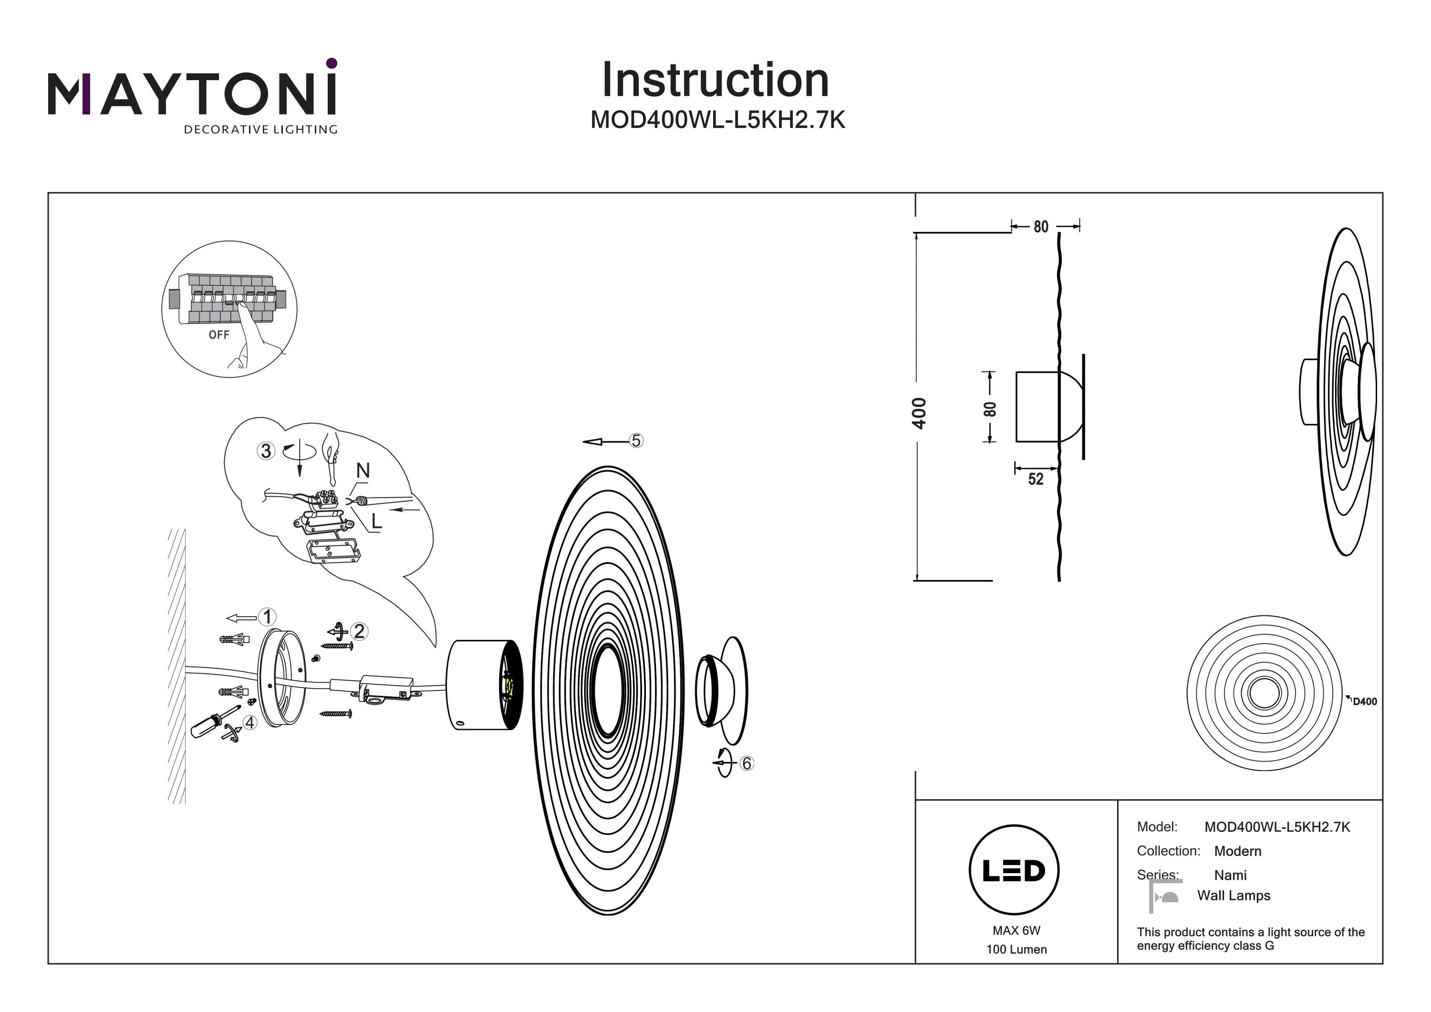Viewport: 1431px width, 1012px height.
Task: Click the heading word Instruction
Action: click(x=715, y=81)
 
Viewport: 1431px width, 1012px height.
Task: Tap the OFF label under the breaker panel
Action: click(x=219, y=335)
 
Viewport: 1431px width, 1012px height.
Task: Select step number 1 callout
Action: click(x=268, y=617)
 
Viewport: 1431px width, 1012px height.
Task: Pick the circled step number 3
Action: click(x=266, y=451)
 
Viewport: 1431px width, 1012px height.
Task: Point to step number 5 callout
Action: click(x=636, y=441)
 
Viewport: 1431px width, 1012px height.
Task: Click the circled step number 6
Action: click(x=747, y=763)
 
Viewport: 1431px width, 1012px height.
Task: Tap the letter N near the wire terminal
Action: click(x=363, y=471)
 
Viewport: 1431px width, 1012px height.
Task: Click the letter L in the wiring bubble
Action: click(x=376, y=522)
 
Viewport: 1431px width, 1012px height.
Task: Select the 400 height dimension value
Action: click(x=919, y=413)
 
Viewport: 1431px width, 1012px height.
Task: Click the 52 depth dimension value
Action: click(x=1035, y=479)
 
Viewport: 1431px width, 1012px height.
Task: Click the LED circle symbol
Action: click(x=1014, y=870)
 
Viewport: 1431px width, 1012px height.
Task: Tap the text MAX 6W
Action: click(x=1016, y=931)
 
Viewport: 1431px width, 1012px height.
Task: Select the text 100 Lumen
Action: click(x=1016, y=949)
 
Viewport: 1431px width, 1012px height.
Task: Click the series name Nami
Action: click(x=1230, y=875)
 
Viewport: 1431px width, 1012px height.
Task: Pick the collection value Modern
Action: click(x=1238, y=851)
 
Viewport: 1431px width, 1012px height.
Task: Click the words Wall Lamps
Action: click(x=1234, y=896)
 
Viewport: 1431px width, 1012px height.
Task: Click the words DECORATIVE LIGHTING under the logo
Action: click(x=260, y=130)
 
